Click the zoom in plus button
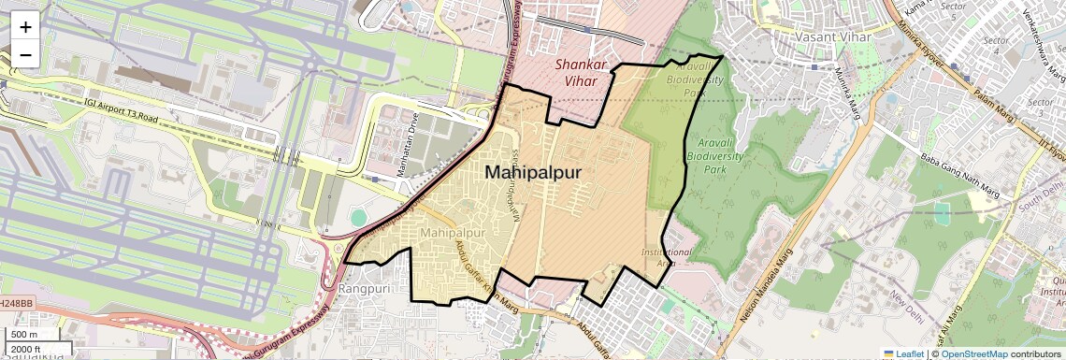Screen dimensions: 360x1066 pos(25,26)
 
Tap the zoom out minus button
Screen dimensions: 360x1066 pos(25,54)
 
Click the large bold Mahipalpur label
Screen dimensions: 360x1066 pos(533,173)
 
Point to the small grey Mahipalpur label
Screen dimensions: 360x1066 pos(452,232)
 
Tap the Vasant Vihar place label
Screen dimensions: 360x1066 pos(832,37)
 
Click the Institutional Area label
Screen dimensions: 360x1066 pos(666,257)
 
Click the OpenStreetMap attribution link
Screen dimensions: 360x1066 pos(973,353)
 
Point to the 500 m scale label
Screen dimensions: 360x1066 pos(25,335)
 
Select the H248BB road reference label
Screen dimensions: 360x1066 pos(16,304)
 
